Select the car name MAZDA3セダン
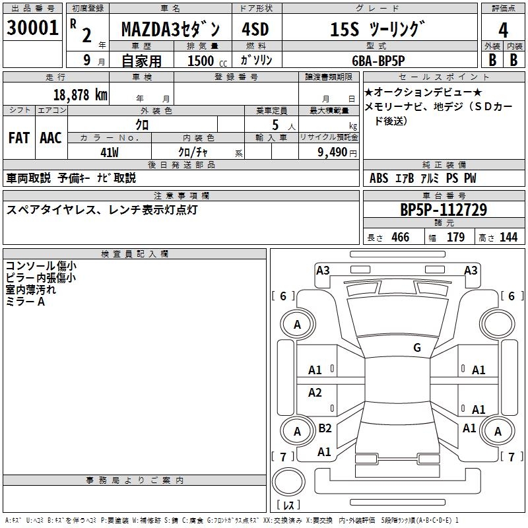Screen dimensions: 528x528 [175, 30]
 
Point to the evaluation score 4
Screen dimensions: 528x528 [503, 30]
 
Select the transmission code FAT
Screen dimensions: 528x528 [19, 138]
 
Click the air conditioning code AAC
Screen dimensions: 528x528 [51, 138]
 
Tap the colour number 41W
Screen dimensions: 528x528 [109, 152]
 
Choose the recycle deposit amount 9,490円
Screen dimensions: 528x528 [337, 152]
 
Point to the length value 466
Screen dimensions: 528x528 [400, 237]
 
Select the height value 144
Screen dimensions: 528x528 [508, 237]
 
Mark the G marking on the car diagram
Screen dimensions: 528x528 [417, 347]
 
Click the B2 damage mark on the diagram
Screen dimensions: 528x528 [325, 428]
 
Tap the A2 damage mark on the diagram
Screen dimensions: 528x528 [315, 393]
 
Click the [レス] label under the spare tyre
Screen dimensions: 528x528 [288, 506]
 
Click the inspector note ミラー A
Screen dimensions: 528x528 [25, 301]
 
